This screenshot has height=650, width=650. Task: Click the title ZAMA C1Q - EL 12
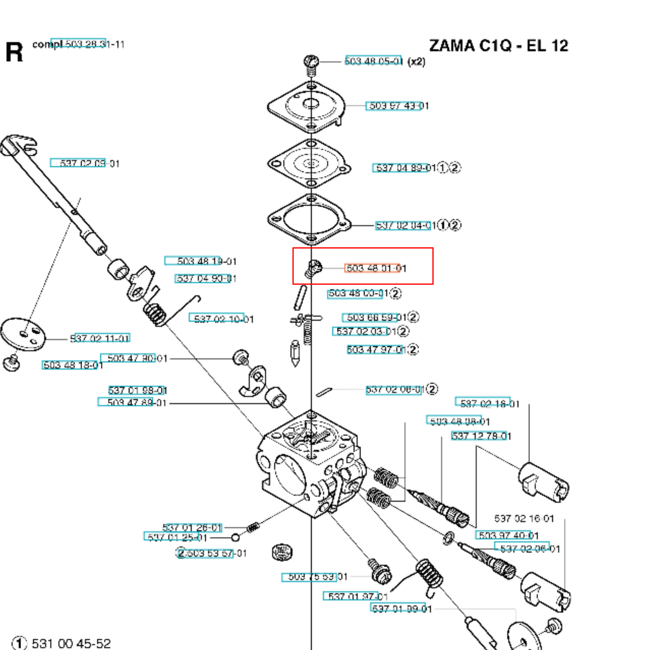498,46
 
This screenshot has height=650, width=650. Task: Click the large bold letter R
14,52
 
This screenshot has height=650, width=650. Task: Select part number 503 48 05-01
373,61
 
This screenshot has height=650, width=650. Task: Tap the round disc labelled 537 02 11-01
22,334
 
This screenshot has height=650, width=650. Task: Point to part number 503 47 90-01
137,358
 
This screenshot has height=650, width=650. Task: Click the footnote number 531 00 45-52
71,643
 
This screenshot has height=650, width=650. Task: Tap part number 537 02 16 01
524,518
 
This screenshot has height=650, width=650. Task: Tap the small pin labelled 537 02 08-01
324,392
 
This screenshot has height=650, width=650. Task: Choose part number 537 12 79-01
481,436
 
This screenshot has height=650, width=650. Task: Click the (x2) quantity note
417,61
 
